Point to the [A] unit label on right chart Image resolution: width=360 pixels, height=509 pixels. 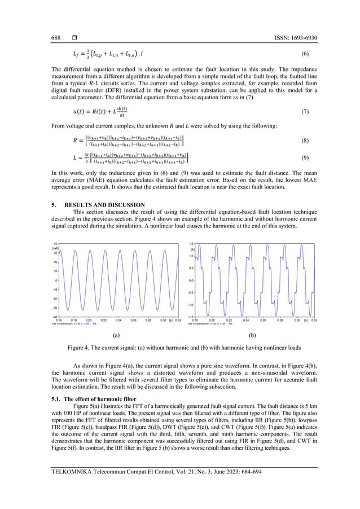click(x=192, y=249)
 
